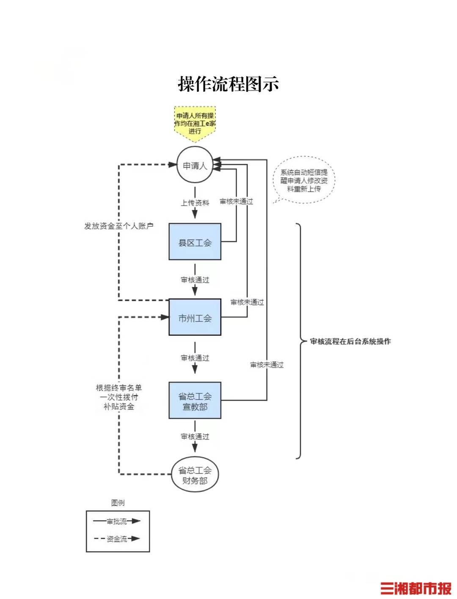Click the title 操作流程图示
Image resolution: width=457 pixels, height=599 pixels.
[x=228, y=84]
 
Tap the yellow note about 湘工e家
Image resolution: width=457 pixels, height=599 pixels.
[x=195, y=123]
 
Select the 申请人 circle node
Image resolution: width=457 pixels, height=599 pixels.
[x=195, y=165]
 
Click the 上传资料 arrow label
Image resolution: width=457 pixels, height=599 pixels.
[x=195, y=203]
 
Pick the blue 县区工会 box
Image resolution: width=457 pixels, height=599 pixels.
[x=195, y=242]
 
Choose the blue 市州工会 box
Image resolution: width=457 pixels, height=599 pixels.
[x=195, y=318]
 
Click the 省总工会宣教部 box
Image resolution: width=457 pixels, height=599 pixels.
[x=195, y=401]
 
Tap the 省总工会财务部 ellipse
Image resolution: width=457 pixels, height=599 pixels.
[x=195, y=475]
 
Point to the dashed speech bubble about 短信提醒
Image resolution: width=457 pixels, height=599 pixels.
[x=304, y=181]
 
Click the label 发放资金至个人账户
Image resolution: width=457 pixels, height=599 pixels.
[x=118, y=226]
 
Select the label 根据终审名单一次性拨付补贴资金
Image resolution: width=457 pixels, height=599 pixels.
[x=118, y=397]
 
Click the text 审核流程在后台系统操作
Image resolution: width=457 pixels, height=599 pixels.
[x=350, y=341]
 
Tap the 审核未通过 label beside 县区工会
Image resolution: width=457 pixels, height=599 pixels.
[x=236, y=201]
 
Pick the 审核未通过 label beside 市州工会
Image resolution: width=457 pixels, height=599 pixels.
[x=247, y=302]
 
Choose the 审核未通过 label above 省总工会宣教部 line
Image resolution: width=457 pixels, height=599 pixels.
[x=267, y=365]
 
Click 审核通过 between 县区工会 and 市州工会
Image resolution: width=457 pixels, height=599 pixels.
[x=195, y=280]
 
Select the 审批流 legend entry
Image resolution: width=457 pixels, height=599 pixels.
[x=117, y=522]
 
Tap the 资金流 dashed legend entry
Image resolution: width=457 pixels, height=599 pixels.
[x=117, y=539]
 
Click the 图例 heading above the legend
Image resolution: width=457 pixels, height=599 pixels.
[x=118, y=503]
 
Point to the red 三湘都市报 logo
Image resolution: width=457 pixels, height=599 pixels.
[x=416, y=588]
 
